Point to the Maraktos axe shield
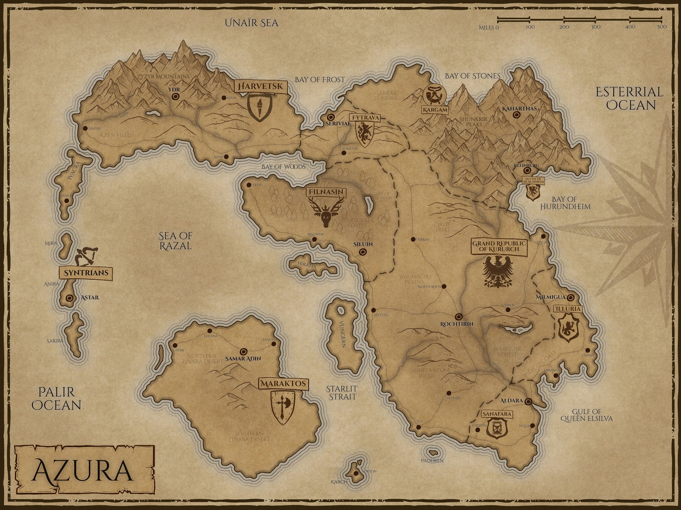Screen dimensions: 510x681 pyautogui.click(x=283, y=407)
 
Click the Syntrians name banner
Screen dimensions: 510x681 pyautogui.click(x=85, y=273)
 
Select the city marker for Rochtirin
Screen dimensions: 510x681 pyautogui.click(x=458, y=317)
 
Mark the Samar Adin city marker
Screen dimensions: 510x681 pyautogui.click(x=244, y=350)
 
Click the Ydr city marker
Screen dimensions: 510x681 pyautogui.click(x=175, y=97)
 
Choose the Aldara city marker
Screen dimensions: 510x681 pyautogui.click(x=528, y=401)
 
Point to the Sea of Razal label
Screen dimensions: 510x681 pyautogui.click(x=175, y=241)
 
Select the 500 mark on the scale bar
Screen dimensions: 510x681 pyautogui.click(x=662, y=27)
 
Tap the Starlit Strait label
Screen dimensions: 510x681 pyautogui.click(x=341, y=392)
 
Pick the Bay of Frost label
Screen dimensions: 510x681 pyautogui.click(x=319, y=79)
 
